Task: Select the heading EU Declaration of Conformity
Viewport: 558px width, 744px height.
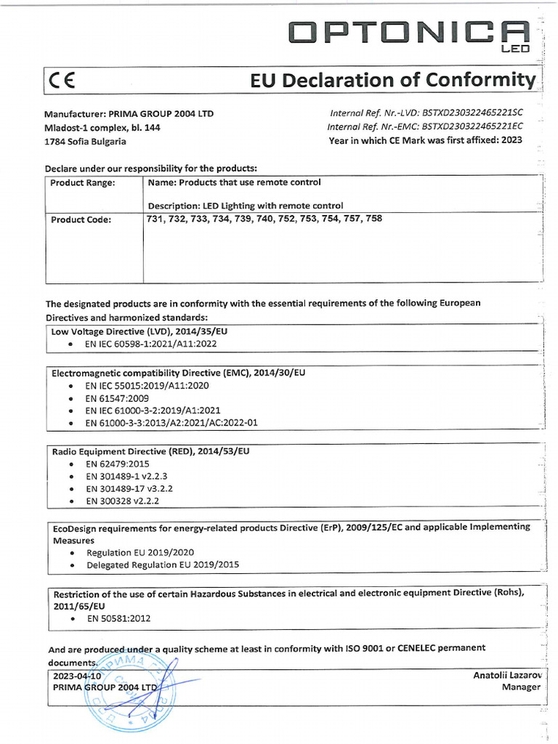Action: [393, 80]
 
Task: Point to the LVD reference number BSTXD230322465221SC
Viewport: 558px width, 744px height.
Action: [472, 113]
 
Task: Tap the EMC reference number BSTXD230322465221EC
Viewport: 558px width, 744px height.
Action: [473, 126]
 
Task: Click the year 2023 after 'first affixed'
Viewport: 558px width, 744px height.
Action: [511, 140]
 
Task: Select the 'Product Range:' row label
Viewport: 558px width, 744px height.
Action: [83, 183]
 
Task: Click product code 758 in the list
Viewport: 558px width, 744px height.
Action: [373, 218]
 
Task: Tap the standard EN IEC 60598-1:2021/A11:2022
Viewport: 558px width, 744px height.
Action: [151, 344]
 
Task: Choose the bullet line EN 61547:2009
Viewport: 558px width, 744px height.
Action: [117, 399]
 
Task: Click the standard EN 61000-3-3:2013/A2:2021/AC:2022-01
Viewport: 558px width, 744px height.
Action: [171, 422]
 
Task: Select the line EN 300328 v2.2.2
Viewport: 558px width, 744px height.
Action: [123, 501]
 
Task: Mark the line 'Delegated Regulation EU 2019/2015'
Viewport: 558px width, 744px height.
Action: [163, 565]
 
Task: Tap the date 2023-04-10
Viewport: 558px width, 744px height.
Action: [76, 675]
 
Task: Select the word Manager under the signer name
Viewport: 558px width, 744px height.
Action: [521, 687]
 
